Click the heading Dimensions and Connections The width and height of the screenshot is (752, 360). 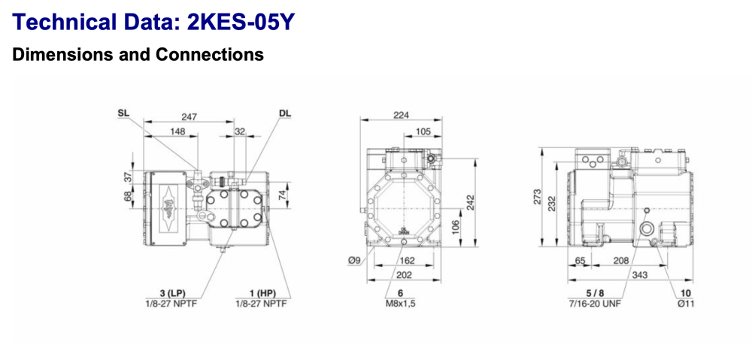click(x=138, y=55)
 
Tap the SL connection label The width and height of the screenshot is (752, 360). click(x=123, y=113)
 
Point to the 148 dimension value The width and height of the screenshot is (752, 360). click(x=177, y=131)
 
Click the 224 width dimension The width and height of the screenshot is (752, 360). click(x=402, y=114)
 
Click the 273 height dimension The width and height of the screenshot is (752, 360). click(x=537, y=196)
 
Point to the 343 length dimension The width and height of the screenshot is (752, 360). click(x=640, y=277)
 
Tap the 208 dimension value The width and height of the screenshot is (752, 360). click(x=620, y=260)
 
